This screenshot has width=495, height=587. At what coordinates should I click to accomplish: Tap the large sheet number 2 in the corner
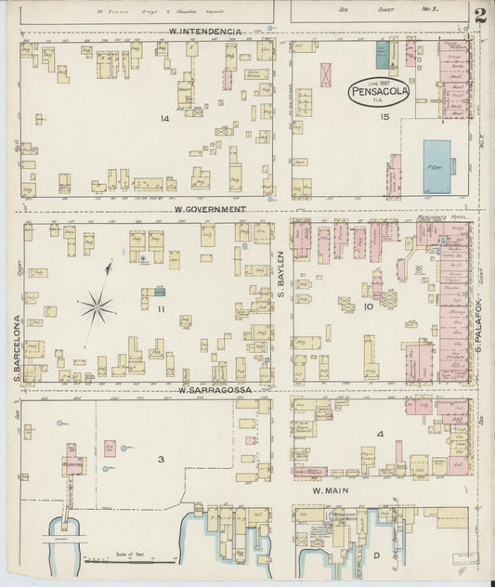pos(479,16)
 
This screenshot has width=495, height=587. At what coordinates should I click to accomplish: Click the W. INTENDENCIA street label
pos(205,31)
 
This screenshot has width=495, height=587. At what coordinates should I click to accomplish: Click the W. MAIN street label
pos(329,490)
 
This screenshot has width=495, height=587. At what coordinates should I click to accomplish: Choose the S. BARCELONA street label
pos(17,348)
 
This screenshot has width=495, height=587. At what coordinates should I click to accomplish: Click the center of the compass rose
pos(98,304)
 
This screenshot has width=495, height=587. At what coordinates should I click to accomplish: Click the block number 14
pos(163,119)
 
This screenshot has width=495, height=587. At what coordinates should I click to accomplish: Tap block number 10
pos(368,306)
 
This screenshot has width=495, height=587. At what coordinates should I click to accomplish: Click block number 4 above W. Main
pos(379,434)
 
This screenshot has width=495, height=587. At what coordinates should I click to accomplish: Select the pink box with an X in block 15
pos(326,74)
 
